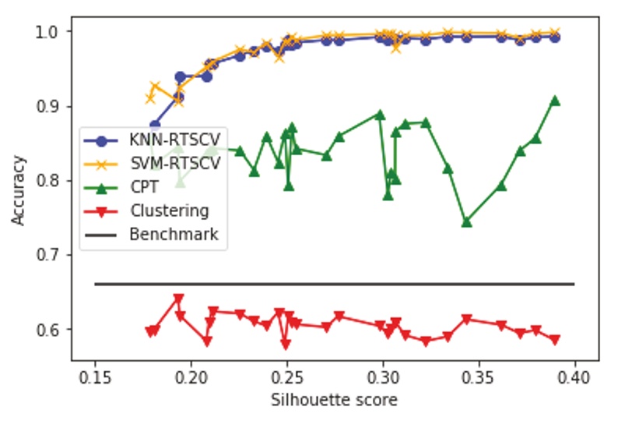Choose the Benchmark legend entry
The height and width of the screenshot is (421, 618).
point(174,234)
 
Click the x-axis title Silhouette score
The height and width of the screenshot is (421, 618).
point(334,400)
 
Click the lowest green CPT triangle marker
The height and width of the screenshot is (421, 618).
point(467,222)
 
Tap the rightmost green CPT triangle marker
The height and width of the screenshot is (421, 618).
point(555,101)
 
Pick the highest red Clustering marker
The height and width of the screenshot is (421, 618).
point(179,299)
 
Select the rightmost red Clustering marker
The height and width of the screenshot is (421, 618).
point(555,340)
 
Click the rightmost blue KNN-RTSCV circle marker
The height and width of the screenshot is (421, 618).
point(555,37)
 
